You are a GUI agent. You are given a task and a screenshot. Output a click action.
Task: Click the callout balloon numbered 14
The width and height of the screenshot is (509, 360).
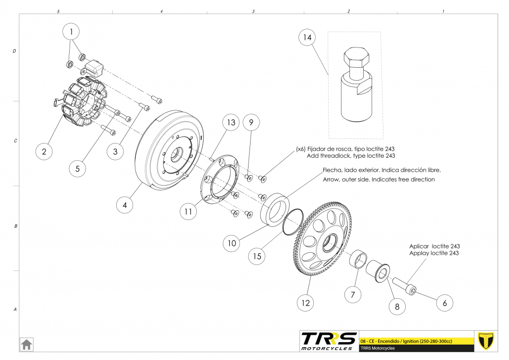[x=307, y=38]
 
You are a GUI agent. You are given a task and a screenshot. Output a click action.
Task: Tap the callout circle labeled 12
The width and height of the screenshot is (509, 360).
[x=306, y=302]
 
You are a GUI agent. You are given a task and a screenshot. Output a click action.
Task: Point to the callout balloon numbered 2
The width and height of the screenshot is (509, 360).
[x=44, y=151]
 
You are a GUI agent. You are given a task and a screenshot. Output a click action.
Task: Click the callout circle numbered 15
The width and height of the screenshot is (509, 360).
[x=257, y=256]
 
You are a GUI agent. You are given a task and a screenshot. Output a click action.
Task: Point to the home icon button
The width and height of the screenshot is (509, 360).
[x=26, y=344]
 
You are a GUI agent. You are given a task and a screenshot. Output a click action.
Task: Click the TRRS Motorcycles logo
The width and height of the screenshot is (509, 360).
[x=329, y=341]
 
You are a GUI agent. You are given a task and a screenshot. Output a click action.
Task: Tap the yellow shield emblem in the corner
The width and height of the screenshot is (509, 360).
[x=487, y=341]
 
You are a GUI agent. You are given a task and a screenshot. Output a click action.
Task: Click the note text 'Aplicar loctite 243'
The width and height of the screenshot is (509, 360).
[x=434, y=246]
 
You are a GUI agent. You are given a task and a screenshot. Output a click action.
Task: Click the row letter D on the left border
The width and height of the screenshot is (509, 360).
[x=14, y=51]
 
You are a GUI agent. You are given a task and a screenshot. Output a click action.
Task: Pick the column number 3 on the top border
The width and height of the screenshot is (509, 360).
[x=253, y=11]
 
